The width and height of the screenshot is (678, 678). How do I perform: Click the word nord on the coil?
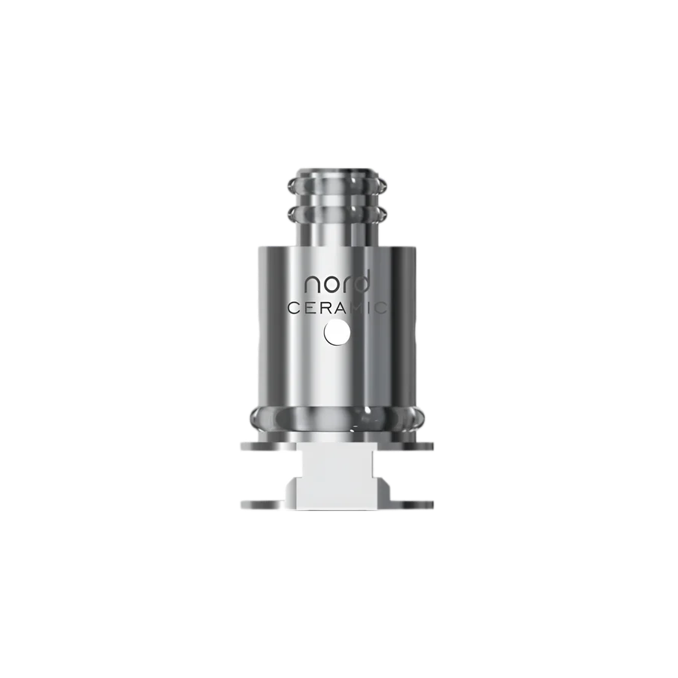click(337, 283)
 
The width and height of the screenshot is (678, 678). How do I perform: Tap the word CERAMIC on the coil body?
click(338, 308)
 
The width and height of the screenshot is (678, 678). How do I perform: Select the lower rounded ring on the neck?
click(338, 215)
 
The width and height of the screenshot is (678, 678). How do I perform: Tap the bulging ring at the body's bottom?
click(338, 417)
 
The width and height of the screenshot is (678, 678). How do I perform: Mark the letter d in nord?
click(362, 282)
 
